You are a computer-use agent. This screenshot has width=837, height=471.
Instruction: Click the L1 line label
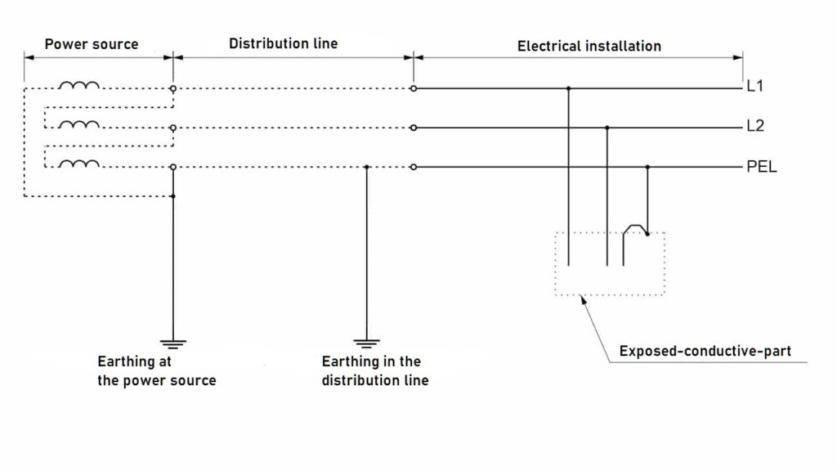click(x=755, y=87)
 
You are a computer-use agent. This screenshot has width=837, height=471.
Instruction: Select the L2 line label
click(x=755, y=127)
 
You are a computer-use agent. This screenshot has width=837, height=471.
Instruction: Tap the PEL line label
click(x=761, y=168)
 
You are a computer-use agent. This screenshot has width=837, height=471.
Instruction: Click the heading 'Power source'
click(x=92, y=43)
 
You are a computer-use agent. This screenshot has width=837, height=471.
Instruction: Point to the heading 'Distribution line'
click(x=283, y=43)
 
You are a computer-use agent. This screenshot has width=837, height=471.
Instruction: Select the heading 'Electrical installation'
click(x=589, y=46)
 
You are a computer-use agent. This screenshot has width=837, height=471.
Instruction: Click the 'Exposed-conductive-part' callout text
click(x=705, y=352)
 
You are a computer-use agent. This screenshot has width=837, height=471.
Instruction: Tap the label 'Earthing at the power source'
click(x=156, y=370)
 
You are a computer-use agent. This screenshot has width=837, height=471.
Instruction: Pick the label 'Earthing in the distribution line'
click(x=374, y=370)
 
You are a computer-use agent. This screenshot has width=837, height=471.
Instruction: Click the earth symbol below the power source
click(x=172, y=343)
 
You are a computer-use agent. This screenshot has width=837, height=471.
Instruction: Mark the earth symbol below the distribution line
click(x=366, y=343)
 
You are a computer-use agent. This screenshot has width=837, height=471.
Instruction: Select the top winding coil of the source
click(x=79, y=85)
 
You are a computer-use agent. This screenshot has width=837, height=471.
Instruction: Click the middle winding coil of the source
click(x=79, y=125)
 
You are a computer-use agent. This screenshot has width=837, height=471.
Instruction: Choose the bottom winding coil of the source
click(x=79, y=164)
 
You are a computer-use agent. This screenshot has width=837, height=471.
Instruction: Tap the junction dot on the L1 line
click(x=568, y=87)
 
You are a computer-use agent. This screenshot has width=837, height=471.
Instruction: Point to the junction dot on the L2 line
click(x=607, y=128)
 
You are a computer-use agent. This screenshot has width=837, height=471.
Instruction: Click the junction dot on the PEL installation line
click(x=647, y=168)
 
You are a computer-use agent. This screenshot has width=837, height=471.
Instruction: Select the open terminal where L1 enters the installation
click(x=414, y=87)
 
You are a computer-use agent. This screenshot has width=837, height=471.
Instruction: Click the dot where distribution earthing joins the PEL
click(x=366, y=168)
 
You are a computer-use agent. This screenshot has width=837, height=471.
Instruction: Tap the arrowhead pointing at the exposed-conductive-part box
click(x=583, y=299)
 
